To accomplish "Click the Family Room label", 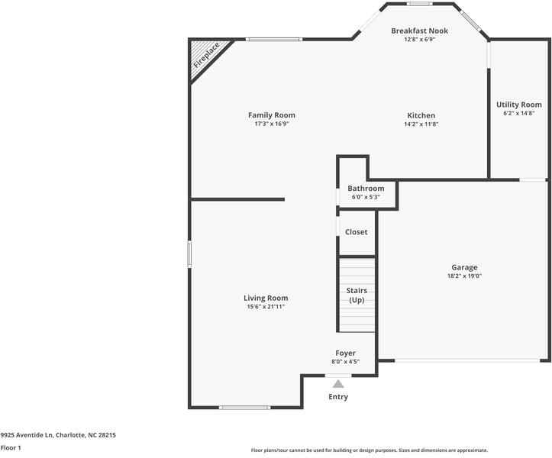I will pos(271,115).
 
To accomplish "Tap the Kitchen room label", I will pos(421,115).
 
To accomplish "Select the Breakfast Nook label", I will pos(419,31).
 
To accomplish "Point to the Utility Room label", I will pos(518,105).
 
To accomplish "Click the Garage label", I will pos(464,267).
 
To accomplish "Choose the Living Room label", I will pos(266,298).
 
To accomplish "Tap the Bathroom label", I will pos(366,188).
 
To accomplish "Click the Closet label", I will pos(356,231).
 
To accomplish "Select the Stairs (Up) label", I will pos(357,295).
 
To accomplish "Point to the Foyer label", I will pos(345,353).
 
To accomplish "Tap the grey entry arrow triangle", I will pos(338,384).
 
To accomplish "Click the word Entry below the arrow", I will pos(338,397).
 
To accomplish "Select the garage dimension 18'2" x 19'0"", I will pos(464,276).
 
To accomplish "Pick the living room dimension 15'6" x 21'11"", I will pos(266,307).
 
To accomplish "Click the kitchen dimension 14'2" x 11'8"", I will pos(421,124).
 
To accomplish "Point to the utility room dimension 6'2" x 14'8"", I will pos(518,113).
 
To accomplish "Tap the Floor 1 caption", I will pos(11,448).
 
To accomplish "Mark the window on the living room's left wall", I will pos(189,254).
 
